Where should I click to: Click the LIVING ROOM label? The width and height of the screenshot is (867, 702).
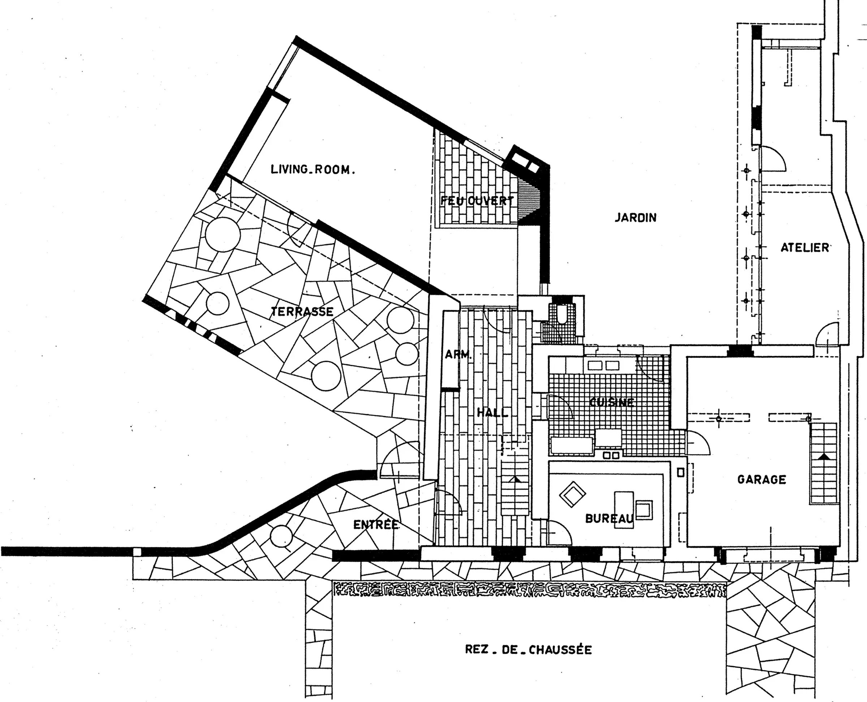click(x=313, y=169)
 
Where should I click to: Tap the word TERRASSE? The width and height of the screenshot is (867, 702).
click(x=302, y=311)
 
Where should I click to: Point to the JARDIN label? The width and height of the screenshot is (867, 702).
click(x=635, y=218)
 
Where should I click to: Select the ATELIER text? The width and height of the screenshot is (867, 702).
click(x=805, y=248)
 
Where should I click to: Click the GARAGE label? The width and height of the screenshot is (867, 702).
click(x=762, y=480)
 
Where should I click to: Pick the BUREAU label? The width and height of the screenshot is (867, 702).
click(x=609, y=518)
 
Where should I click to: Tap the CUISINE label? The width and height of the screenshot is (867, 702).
click(x=612, y=402)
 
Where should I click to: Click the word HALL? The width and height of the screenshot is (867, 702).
click(x=492, y=412)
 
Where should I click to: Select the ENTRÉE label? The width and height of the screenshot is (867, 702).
click(x=376, y=525)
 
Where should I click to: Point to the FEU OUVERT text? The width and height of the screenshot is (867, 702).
click(x=477, y=201)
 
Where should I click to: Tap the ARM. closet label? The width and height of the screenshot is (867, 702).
click(x=458, y=355)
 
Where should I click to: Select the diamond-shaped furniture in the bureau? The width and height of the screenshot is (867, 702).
click(x=572, y=494)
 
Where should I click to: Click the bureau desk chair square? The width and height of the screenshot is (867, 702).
click(x=644, y=510)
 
